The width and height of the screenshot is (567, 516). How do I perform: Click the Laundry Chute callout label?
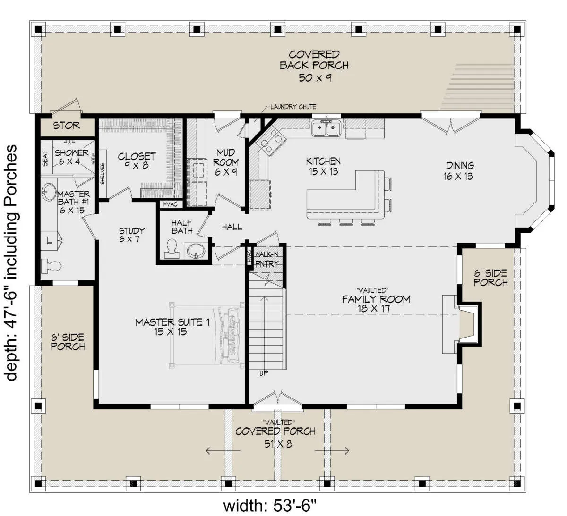pos(293,107)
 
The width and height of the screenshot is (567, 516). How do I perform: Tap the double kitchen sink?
pos(327,128)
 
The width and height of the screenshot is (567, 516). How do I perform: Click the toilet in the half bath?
pos(172,248)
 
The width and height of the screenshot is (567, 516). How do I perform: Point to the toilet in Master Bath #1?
pos(51,266)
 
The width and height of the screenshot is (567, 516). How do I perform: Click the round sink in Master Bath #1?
pos(49,192)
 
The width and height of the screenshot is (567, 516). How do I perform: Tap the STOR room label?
pos(67,126)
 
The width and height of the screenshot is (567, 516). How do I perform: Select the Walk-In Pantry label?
pos(267,259)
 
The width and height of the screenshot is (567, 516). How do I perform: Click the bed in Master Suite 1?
pos(206,335)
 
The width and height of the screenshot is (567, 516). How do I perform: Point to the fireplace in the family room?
pos(461,324)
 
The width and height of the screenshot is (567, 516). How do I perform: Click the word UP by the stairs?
pos(264,373)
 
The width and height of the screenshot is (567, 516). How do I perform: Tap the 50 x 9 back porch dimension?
pos(315,78)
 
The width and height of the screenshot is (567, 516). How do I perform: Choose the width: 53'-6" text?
pos(270,505)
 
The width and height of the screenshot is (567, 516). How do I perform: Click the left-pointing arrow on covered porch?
pos(223,451)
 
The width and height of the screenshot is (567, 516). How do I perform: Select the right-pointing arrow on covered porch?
pos(332,451)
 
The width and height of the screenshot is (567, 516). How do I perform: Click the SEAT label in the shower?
pos(45,158)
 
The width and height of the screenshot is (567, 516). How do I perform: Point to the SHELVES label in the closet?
pos(103,173)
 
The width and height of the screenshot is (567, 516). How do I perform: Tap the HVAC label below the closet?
pos(170,204)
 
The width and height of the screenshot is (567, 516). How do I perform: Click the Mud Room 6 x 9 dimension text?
pos(226,172)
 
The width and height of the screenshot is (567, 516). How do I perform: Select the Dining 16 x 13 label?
pos(458,171)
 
